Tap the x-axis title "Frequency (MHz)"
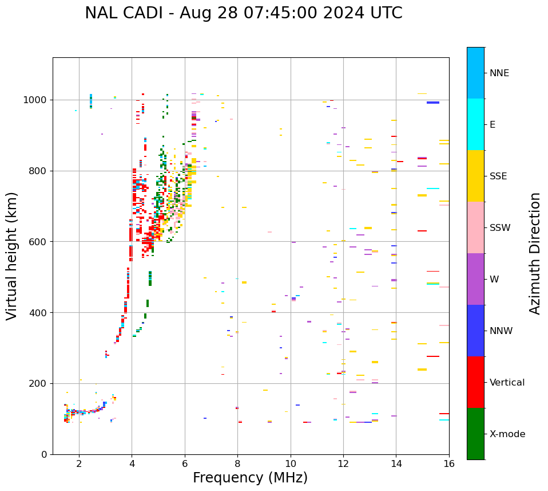pyautogui.click(x=250, y=478)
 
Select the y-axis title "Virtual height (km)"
pyautogui.click(x=12, y=256)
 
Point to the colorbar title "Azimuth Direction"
pyautogui.click(x=535, y=253)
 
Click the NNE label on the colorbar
pyautogui.click(x=499, y=73)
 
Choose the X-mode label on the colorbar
pyautogui.click(x=507, y=434)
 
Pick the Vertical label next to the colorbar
pyautogui.click(x=507, y=383)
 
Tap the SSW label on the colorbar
pyautogui.click(x=500, y=228)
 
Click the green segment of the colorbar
pyautogui.click(x=475, y=434)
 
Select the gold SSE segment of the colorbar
pyautogui.click(x=475, y=176)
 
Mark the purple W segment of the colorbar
pyautogui.click(x=475, y=279)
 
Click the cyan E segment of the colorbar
pyautogui.click(x=475, y=124)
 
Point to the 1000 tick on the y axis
pyautogui.click(x=37, y=100)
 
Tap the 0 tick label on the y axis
pyautogui.click(x=45, y=454)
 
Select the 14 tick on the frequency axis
pyautogui.click(x=396, y=463)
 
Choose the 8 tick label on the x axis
pyautogui.click(x=237, y=463)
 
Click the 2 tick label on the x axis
pyautogui.click(x=79, y=463)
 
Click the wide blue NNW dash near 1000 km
pyautogui.click(x=433, y=103)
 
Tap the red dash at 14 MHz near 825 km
pyautogui.click(x=400, y=162)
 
